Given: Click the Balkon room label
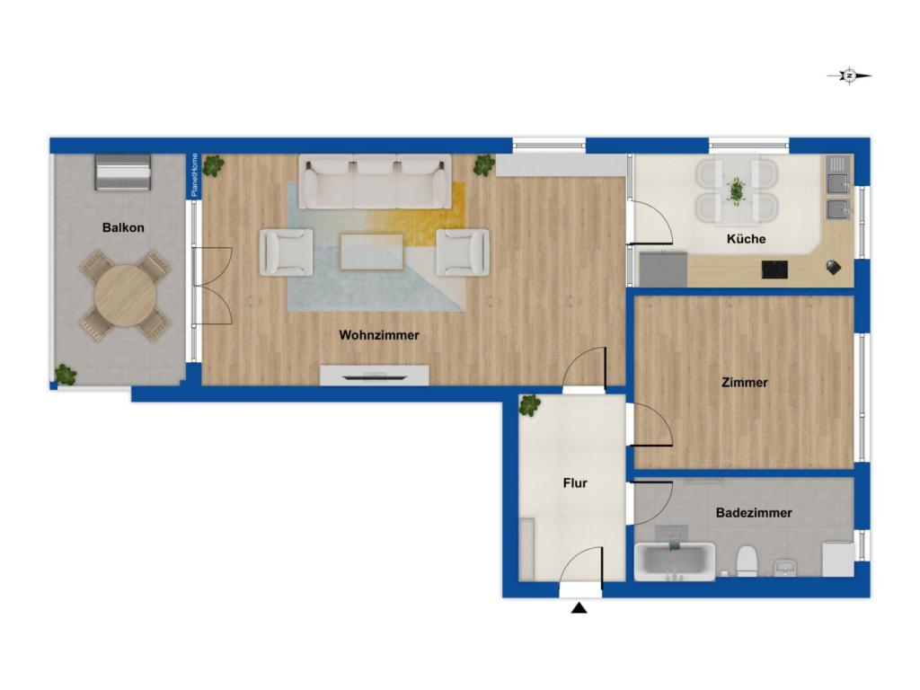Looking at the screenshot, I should (123, 228).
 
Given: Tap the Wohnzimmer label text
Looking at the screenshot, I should (378, 335).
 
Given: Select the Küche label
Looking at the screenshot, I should (746, 239).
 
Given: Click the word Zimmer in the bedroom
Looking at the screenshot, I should (744, 383).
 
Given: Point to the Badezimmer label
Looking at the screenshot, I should (754, 513).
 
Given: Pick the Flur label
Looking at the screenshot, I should (575, 483).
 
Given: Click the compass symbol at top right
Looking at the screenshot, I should (849, 76).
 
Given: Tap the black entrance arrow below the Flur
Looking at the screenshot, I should (579, 608).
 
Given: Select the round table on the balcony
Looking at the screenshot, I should (124, 296).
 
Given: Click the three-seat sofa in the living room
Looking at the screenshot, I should (375, 182).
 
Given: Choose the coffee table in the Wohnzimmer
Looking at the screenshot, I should (372, 252).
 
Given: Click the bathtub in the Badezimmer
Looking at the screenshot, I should (674, 561).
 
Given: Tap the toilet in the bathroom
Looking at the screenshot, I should (746, 562).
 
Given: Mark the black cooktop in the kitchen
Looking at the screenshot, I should (774, 269).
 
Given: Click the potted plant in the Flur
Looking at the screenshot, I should (529, 405).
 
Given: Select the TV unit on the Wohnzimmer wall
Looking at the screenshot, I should (374, 374).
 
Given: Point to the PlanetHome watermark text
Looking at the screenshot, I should (194, 174).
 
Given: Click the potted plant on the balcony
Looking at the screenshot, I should (65, 374).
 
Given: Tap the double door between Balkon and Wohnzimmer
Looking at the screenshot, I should (214, 285).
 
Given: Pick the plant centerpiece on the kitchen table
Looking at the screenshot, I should (736, 190).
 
